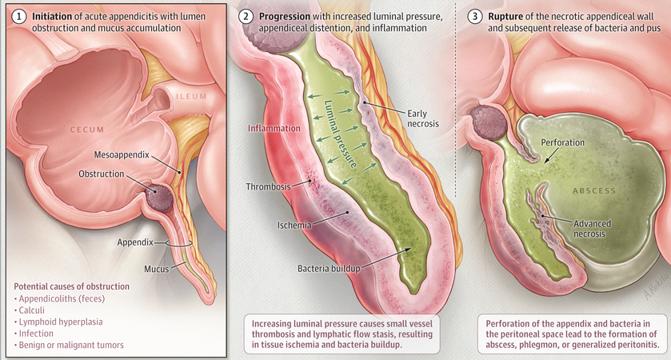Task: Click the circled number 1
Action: point(18,15)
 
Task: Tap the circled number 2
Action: point(246,15)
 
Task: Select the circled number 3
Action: point(474,15)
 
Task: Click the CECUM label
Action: point(88,128)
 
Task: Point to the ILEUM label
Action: point(191,97)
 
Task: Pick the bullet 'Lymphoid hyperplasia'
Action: point(61,322)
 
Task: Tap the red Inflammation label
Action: point(274,128)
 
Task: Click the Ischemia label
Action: point(294,226)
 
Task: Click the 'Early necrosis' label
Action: point(425,118)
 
